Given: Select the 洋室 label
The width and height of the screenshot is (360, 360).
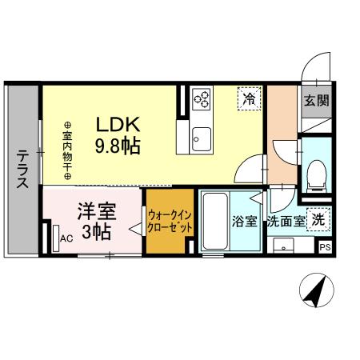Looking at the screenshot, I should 97,213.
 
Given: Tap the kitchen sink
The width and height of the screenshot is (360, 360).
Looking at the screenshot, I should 201,135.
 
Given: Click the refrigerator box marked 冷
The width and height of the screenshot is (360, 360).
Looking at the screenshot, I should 249,99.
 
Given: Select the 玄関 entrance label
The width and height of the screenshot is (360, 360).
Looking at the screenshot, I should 314,101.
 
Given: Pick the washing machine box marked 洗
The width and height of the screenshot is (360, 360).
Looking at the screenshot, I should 318,219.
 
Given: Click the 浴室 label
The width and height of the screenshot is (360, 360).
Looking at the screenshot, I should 244,222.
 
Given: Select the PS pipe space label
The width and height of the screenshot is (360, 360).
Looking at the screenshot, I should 325,247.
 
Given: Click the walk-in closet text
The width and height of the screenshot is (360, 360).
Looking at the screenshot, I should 169,220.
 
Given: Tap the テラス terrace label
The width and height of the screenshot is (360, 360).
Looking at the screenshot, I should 22,170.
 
